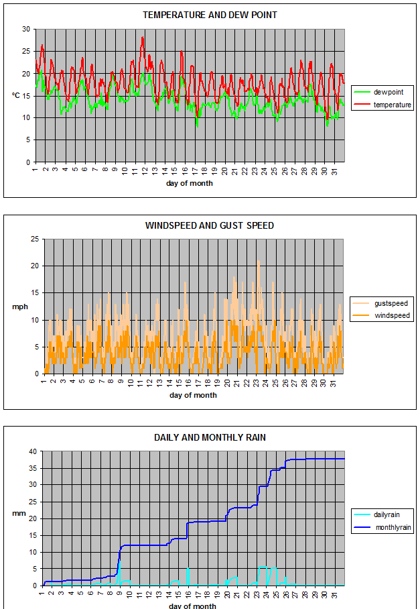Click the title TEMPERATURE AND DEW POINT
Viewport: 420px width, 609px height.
pyautogui.click(x=210, y=15)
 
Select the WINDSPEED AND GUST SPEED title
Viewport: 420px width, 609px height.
pyautogui.click(x=210, y=225)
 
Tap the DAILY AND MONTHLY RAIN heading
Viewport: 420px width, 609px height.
pyautogui.click(x=210, y=437)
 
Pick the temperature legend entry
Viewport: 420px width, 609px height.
pyautogui.click(x=393, y=105)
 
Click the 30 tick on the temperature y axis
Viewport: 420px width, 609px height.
pyautogui.click(x=26, y=30)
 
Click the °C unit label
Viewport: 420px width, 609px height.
pyautogui.click(x=16, y=95)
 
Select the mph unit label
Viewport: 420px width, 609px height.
pyautogui.click(x=19, y=307)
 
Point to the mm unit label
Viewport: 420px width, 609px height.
pyautogui.click(x=17, y=514)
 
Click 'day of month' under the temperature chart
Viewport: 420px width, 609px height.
pyautogui.click(x=190, y=183)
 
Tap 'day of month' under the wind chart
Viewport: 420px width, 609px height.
pyautogui.click(x=193, y=395)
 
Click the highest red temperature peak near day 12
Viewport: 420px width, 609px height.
pyautogui.click(x=143, y=38)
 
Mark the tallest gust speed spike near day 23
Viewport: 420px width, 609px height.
pyautogui.click(x=258, y=261)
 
